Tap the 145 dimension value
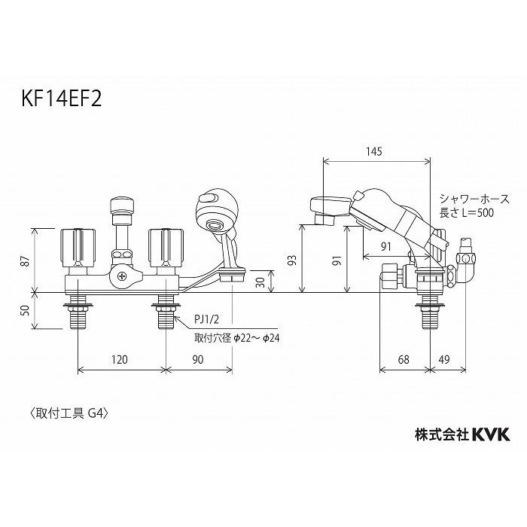(x=374, y=151)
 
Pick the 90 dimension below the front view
(x=198, y=361)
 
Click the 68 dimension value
(x=404, y=361)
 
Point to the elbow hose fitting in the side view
(x=466, y=263)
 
